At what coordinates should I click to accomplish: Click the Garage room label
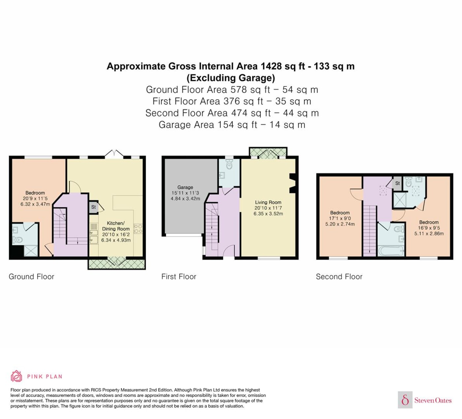[x=185, y=187]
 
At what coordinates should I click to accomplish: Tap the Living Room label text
[x=268, y=203]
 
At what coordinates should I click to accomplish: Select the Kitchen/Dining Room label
[x=116, y=226]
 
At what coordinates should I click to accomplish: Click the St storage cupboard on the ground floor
[x=93, y=207]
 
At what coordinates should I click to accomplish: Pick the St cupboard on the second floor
[x=397, y=183]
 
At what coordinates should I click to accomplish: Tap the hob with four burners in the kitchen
[x=138, y=229]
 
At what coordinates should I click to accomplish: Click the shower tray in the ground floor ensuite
[x=31, y=251]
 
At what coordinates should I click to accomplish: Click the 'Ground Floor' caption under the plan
[x=31, y=277]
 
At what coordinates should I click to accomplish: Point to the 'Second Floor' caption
[x=339, y=277]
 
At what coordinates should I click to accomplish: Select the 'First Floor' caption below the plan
[x=179, y=277]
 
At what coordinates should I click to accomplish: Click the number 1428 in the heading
[x=271, y=66]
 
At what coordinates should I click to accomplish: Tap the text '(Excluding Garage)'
[x=231, y=78]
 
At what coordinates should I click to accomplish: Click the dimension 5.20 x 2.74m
[x=340, y=224]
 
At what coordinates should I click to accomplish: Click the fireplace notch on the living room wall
[x=292, y=183]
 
